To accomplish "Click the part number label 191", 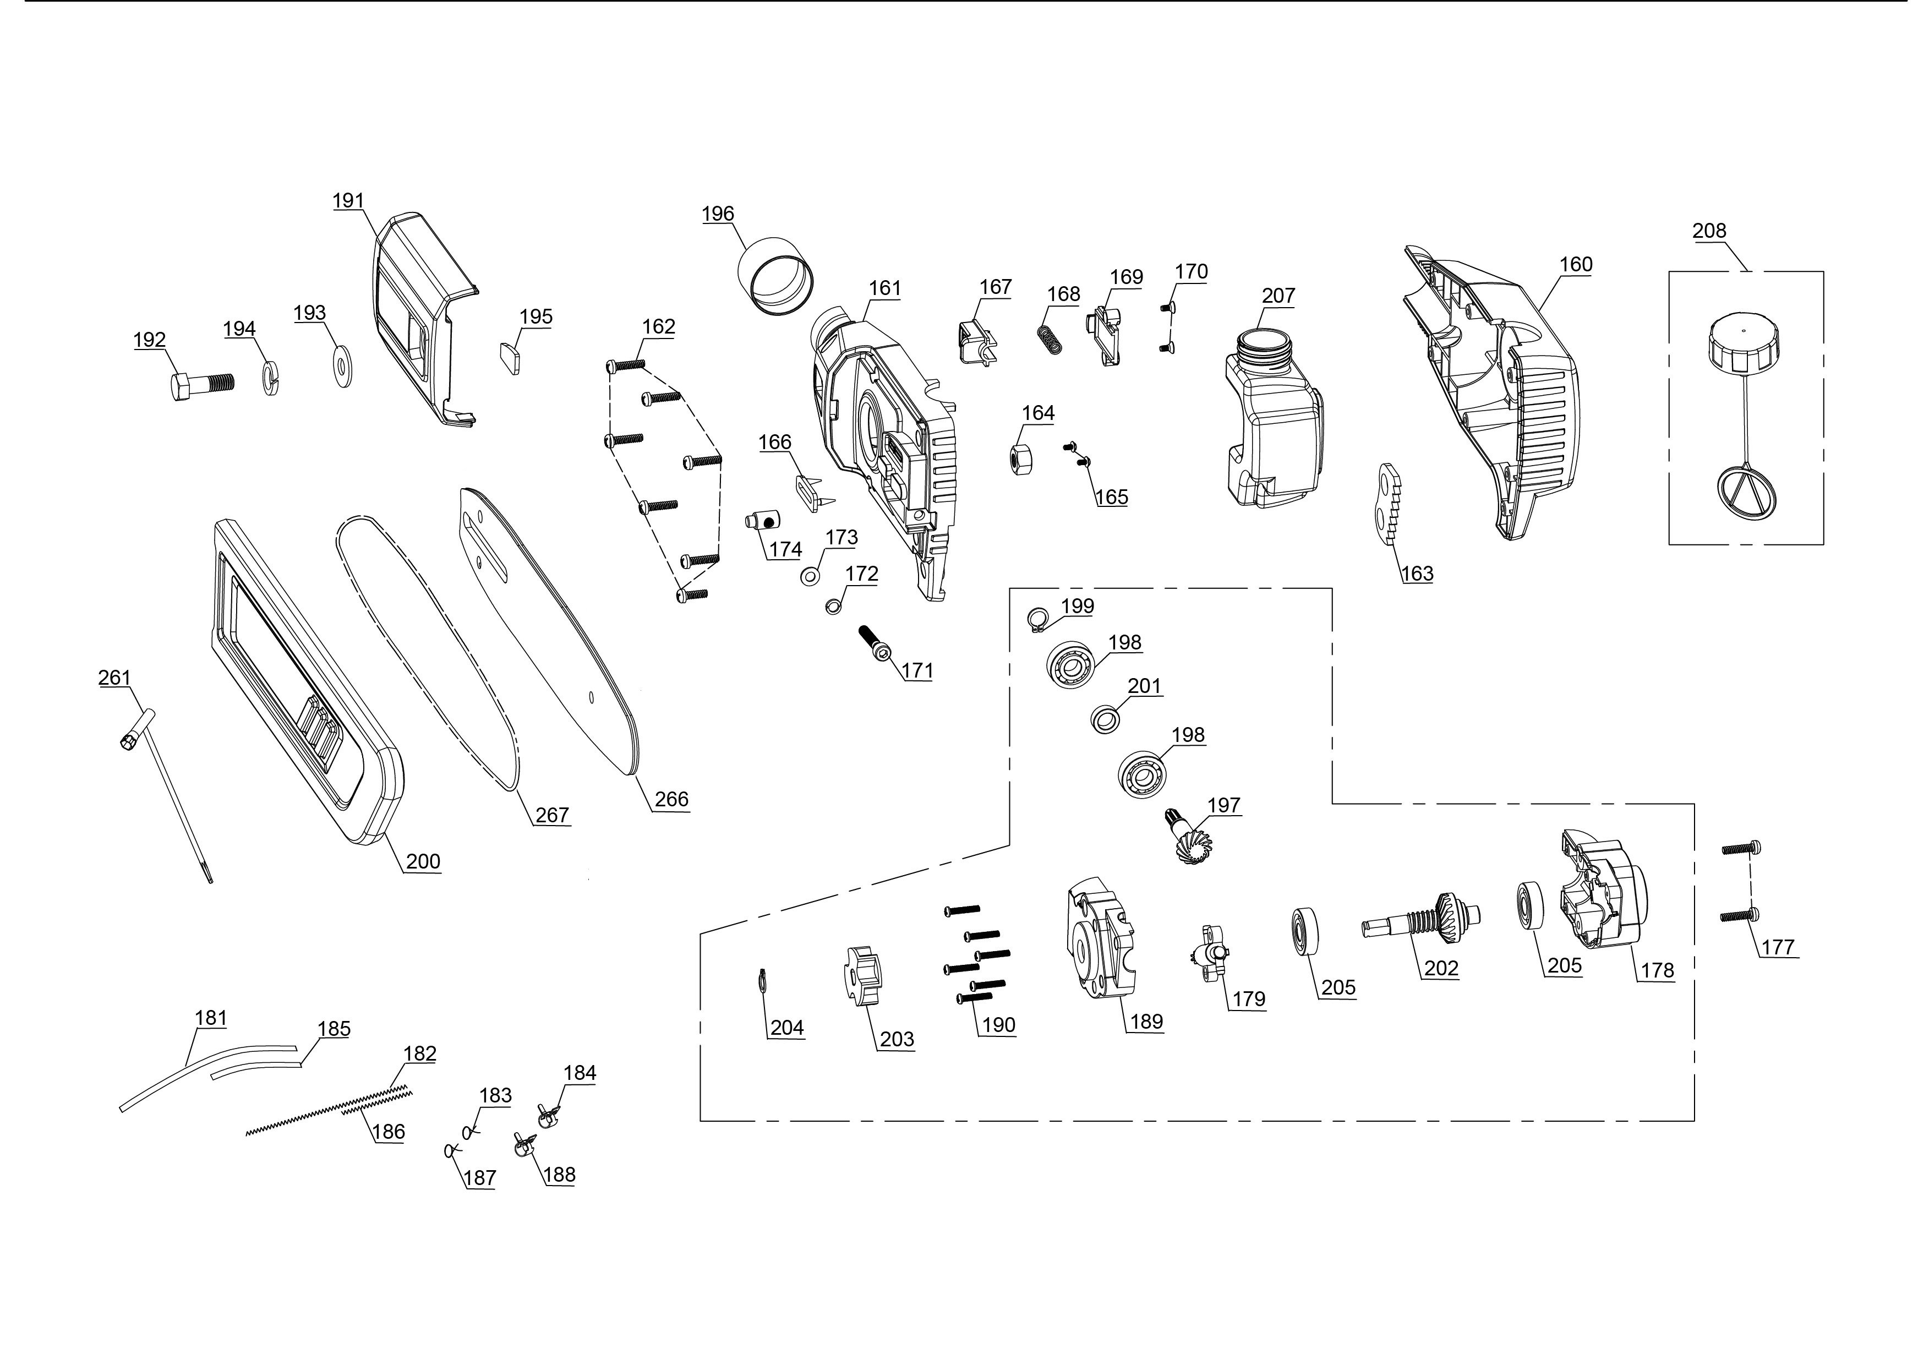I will click(348, 201).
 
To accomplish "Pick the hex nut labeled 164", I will click(1020, 460).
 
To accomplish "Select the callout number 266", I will click(671, 799).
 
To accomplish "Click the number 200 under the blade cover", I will click(423, 861).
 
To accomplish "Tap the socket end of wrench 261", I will click(129, 740).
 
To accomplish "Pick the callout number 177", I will click(1778, 947).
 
